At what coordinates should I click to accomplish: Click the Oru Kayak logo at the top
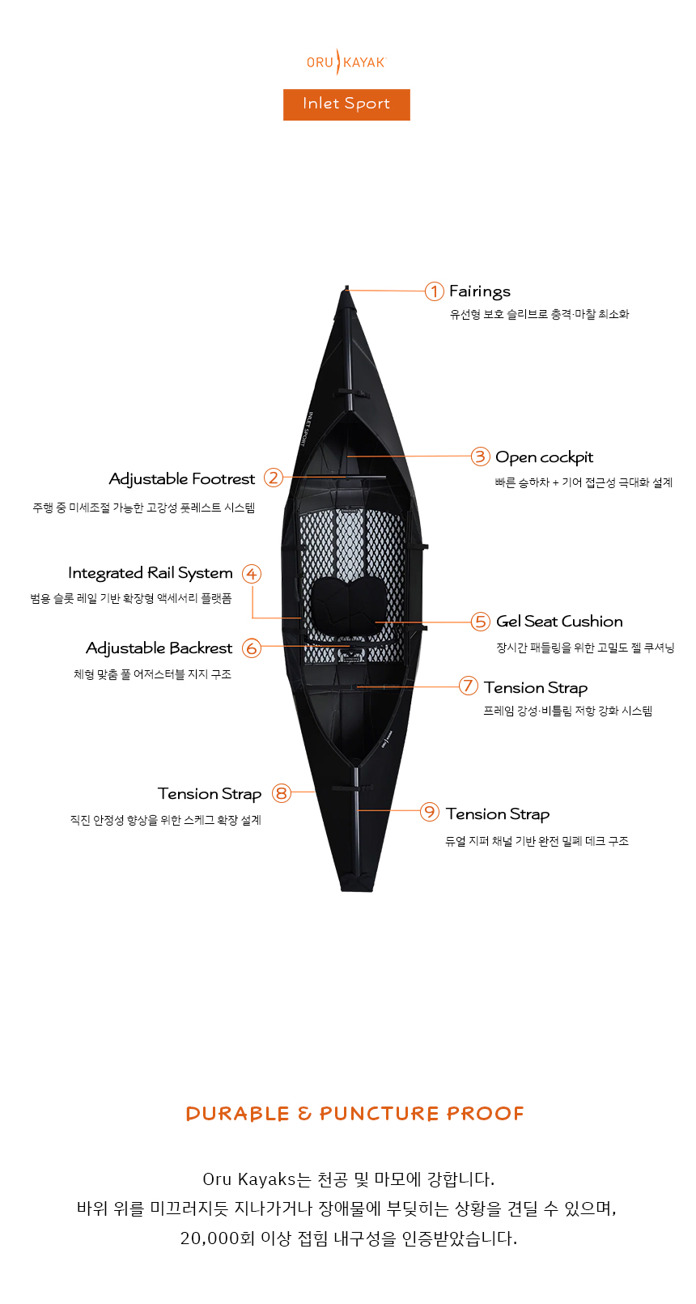coord(346,62)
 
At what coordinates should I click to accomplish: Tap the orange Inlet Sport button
coord(346,104)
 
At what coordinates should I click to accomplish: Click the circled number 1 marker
coord(435,291)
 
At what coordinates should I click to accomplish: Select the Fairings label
coord(480,291)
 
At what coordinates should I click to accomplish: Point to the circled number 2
coord(274,478)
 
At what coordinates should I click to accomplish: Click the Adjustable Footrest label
coord(182,479)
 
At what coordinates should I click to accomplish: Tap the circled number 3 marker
coord(481,457)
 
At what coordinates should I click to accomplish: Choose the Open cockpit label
coord(544,457)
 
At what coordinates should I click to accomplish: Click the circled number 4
coord(252,574)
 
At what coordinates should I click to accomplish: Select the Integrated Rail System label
coord(151,573)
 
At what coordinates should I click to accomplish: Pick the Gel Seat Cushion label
coord(559,622)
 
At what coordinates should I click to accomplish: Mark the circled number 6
coord(252,648)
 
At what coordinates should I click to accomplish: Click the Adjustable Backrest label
coord(159,648)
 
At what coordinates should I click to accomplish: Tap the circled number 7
coord(468,686)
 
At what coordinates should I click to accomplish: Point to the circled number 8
coord(281,793)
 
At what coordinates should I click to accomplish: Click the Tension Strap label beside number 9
coord(498,814)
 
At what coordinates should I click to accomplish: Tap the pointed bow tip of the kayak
coord(347,289)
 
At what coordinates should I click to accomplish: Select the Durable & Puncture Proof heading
coord(354,1114)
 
